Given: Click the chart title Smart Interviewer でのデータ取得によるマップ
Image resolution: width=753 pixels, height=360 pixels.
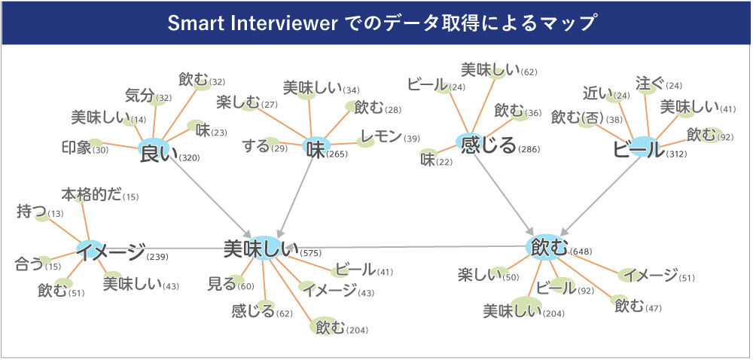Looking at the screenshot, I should tap(376, 23).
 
